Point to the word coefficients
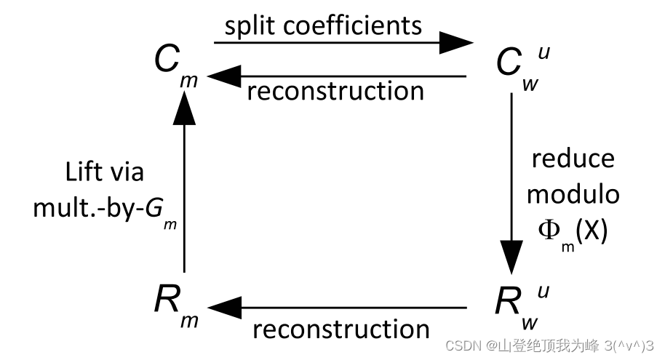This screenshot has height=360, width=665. [351, 25]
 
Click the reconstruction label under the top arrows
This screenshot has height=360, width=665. [335, 91]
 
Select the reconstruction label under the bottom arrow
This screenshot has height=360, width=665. [341, 329]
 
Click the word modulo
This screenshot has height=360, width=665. [573, 194]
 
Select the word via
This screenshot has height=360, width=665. [127, 172]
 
